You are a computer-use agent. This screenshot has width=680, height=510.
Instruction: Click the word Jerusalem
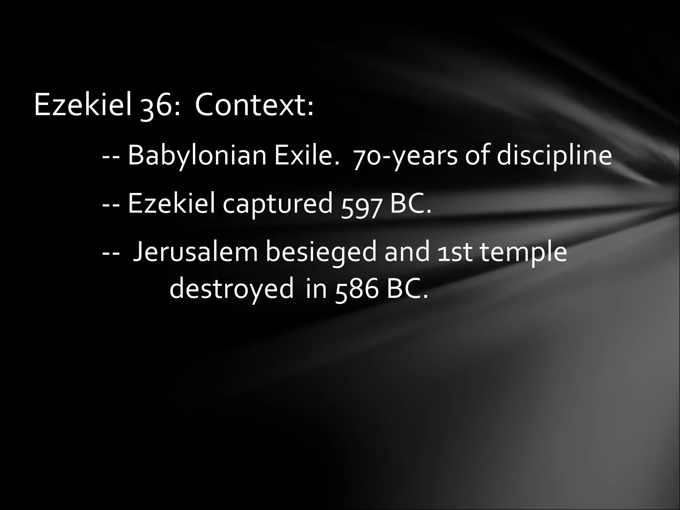tap(195, 252)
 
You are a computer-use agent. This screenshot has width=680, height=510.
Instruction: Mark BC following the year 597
tap(410, 204)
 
